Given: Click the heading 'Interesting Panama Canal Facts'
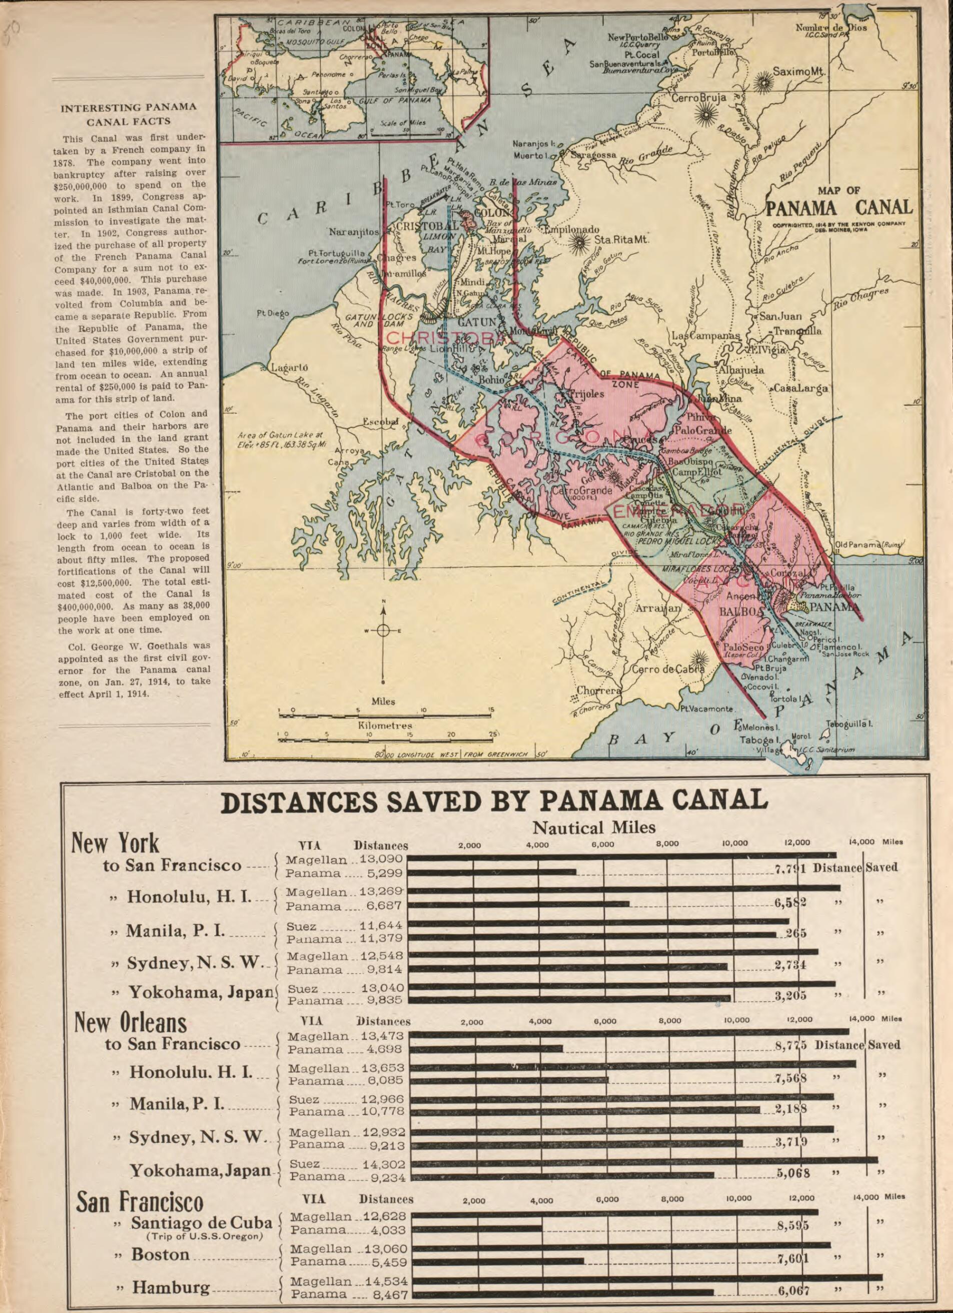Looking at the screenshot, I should (129, 114).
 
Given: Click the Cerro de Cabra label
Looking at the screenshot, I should (667, 670).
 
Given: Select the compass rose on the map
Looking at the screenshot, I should (383, 631).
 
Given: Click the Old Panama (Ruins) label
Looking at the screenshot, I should (869, 545).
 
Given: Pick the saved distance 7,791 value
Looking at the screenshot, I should (790, 868).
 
